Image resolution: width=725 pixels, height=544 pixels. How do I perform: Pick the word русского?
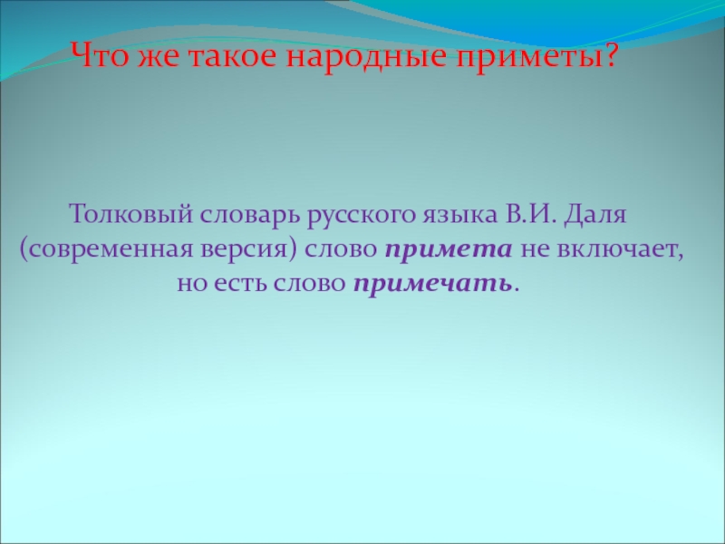pyautogui.click(x=361, y=218)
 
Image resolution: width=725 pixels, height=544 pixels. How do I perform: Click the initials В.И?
pyautogui.click(x=528, y=218)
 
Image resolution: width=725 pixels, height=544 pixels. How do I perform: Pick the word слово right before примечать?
pyautogui.click(x=311, y=283)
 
